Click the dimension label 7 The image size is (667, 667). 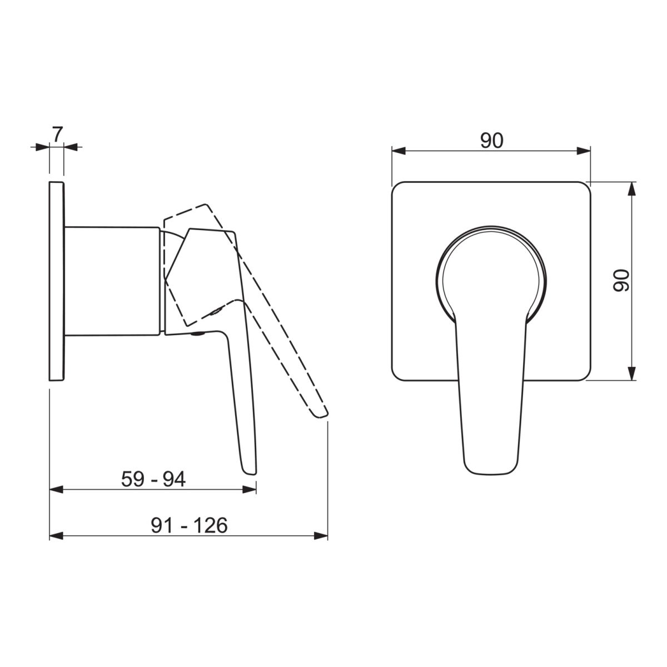(57, 135)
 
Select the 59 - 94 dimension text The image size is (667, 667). (153, 479)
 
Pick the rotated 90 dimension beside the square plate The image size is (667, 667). (621, 281)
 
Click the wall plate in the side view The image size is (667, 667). (57, 281)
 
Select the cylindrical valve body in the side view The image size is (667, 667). (112, 281)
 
